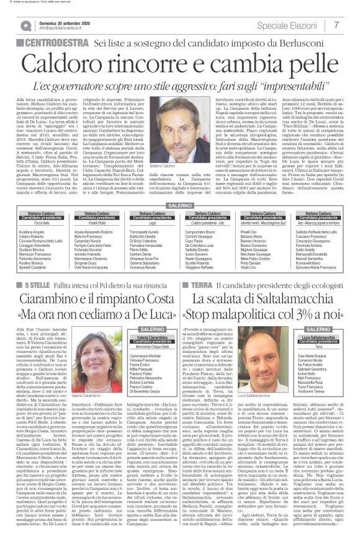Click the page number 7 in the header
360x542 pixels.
[x=336, y=25]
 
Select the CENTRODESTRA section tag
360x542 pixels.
[x=57, y=44]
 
